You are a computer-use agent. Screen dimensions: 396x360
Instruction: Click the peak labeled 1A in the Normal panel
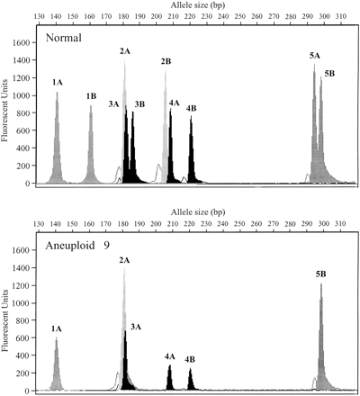(57, 144)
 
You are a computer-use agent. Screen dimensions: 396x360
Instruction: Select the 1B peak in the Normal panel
(91, 148)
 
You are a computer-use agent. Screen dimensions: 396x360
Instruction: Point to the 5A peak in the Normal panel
(314, 126)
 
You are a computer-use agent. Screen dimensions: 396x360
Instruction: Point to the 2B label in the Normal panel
(166, 61)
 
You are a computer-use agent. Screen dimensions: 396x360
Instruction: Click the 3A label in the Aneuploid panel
(135, 326)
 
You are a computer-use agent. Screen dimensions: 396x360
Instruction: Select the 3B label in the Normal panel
(139, 104)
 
